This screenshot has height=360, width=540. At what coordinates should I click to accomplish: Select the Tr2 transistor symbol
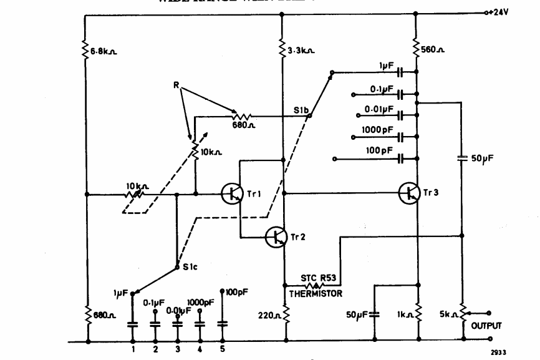coord(276,237)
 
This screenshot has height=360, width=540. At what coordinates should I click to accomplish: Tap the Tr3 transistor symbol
coord(410,193)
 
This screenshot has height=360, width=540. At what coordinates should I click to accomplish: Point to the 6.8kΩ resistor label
coord(104,51)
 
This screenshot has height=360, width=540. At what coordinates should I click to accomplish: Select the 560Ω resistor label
coord(433,47)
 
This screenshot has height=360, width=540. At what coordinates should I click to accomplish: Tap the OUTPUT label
coord(486,325)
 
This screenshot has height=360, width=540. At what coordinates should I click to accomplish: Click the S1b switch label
coord(302,110)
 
